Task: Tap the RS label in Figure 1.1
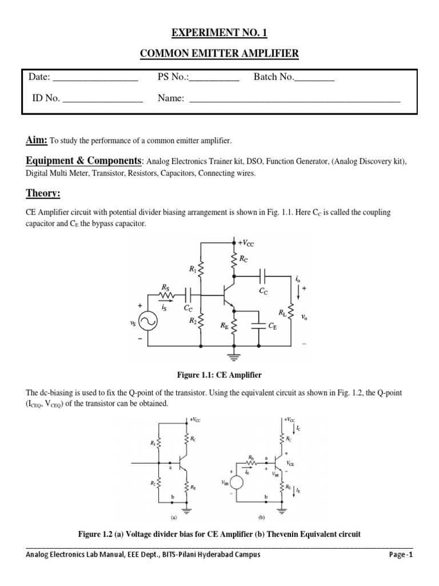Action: point(165,287)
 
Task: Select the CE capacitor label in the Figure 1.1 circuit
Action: point(274,326)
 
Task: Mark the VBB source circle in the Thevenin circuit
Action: point(237,482)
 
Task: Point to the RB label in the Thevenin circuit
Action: point(252,457)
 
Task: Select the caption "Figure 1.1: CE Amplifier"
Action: point(219,375)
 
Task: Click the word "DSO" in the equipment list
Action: point(276,162)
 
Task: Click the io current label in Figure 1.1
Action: point(298,280)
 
